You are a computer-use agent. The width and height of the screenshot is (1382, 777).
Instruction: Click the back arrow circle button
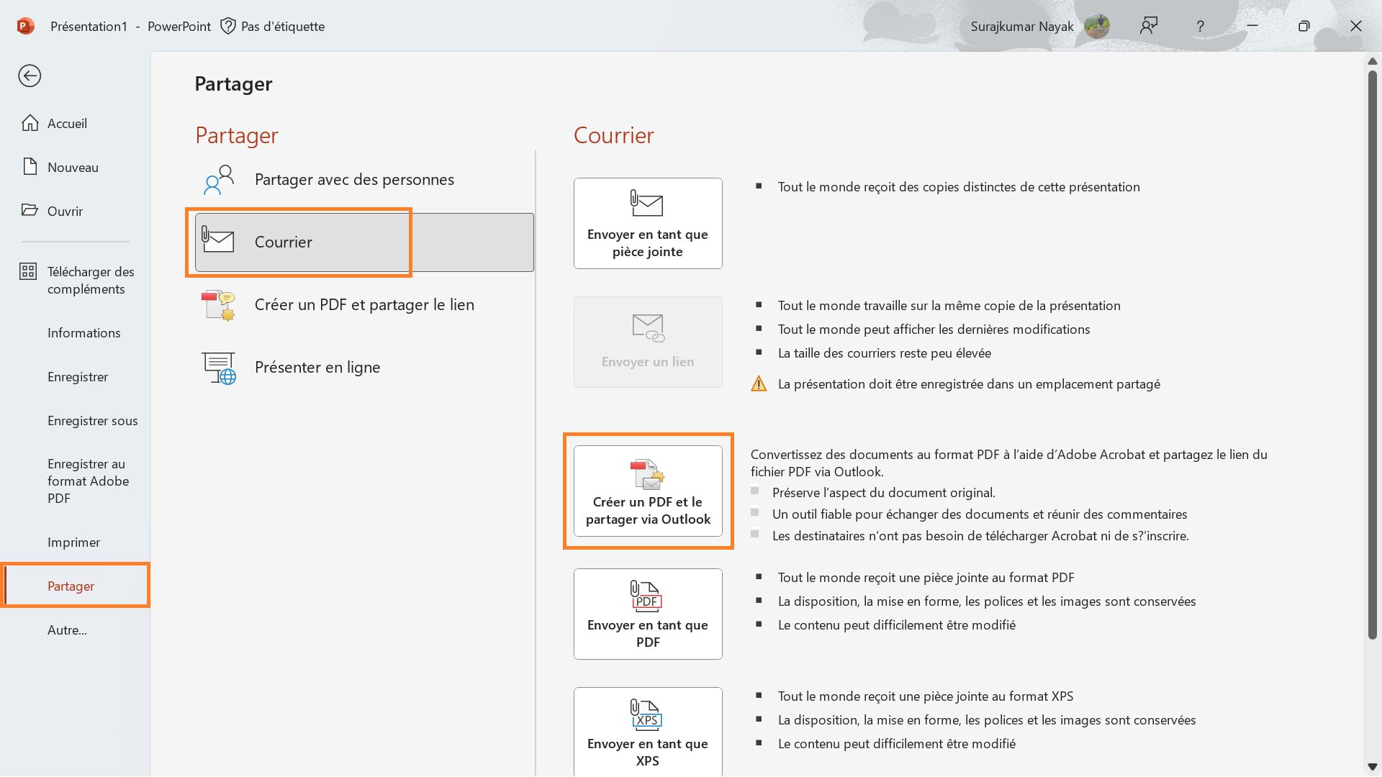(30, 76)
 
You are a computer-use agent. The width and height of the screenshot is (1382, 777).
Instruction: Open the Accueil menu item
(66, 124)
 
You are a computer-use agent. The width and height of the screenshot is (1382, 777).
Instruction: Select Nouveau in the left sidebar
(72, 168)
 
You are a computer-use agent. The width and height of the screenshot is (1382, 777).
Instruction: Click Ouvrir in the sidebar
(65, 212)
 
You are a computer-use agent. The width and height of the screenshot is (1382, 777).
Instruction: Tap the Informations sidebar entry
(83, 333)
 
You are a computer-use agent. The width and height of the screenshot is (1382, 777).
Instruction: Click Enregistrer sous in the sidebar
(92, 421)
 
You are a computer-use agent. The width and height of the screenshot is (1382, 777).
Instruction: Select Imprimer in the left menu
(73, 542)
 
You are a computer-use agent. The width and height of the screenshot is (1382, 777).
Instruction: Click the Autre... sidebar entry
(67, 630)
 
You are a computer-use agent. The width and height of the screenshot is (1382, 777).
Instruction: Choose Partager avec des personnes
(353, 180)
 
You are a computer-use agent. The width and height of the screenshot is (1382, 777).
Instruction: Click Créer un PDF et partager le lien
(363, 305)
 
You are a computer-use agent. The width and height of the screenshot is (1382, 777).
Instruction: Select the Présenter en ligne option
(317, 368)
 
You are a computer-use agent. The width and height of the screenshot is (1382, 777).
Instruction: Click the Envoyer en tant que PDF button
(647, 614)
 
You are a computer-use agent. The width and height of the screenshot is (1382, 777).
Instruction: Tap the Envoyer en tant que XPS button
(647, 731)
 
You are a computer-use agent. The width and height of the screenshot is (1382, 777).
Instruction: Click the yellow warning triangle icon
(759, 384)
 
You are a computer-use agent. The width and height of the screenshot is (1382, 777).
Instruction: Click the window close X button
(1355, 27)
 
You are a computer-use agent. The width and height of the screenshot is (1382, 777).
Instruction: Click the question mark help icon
(1200, 27)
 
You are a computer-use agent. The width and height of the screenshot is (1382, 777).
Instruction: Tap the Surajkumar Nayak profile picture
(1096, 27)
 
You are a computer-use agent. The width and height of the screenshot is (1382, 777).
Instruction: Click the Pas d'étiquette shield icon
(228, 27)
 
